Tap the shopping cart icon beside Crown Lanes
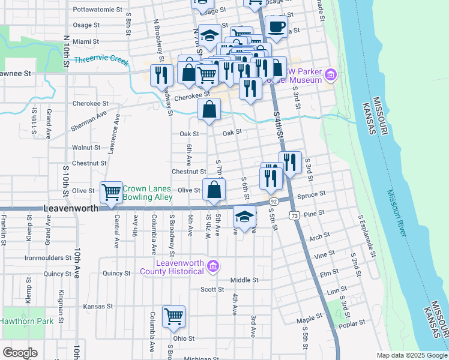click(x=111, y=193)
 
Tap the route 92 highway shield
click(x=273, y=202)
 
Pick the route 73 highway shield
click(x=294, y=215)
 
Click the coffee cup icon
click(x=277, y=26)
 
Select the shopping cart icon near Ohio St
click(x=173, y=316)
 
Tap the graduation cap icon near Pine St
click(x=244, y=216)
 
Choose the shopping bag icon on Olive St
click(x=214, y=190)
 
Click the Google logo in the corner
click(x=20, y=352)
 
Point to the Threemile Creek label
click(x=101, y=60)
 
